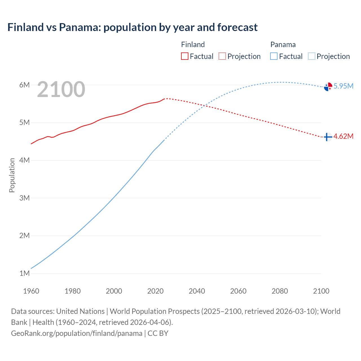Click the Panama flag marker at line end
click(328, 87)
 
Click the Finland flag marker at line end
click(328, 137)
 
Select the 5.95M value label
click(343, 86)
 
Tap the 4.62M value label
click(343, 137)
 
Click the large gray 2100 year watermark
click(61, 89)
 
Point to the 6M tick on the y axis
click(25, 85)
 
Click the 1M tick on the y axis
click(25, 273)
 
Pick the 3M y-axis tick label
click(25, 198)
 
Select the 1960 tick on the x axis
click(31, 291)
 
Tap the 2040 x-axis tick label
click(197, 291)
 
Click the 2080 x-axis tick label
click(280, 291)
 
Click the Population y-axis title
click(12, 175)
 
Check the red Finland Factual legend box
click(185, 56)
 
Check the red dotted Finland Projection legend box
click(222, 56)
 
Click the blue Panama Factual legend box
click(274, 56)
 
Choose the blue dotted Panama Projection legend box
click(312, 56)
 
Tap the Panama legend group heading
click(283, 45)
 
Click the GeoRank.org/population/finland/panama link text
click(77, 333)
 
